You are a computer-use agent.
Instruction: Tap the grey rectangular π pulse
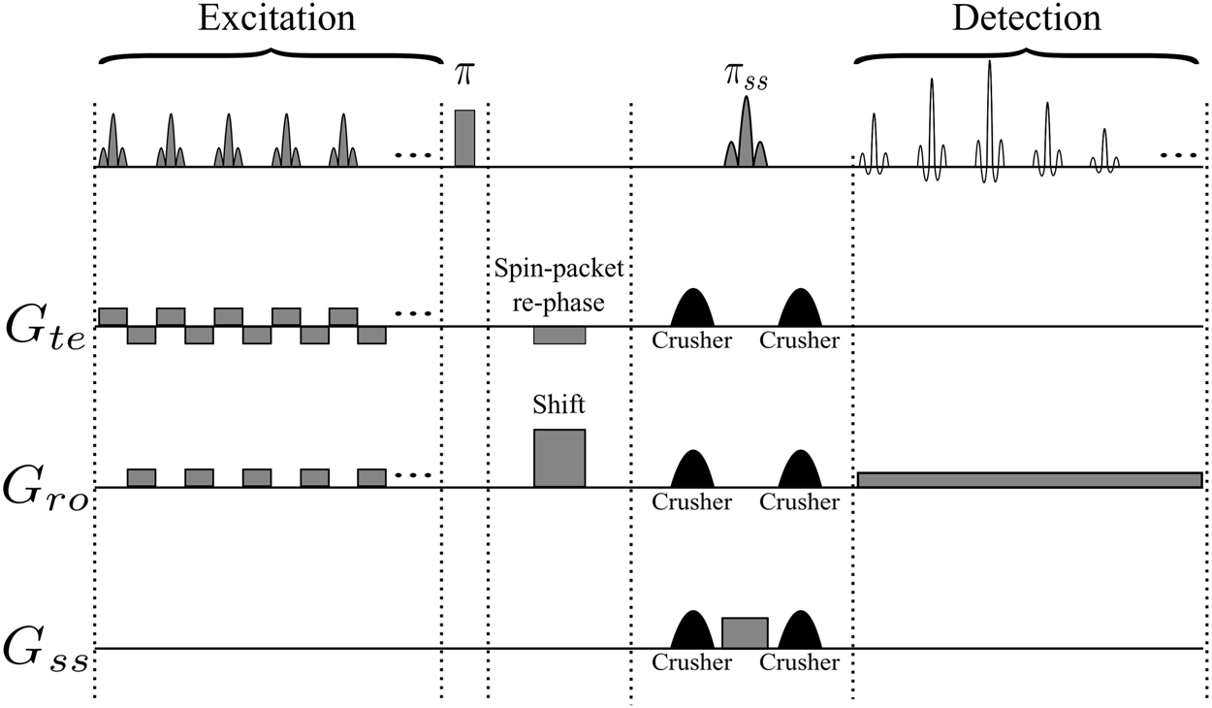[464, 139]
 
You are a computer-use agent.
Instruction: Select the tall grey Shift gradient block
[559, 458]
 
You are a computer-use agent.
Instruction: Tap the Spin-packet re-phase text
[559, 289]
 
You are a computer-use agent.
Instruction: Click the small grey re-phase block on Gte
[559, 336]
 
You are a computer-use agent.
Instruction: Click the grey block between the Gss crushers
[745, 632]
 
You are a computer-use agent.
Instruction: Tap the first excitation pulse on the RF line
[112, 144]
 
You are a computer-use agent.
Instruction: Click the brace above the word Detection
[1028, 53]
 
